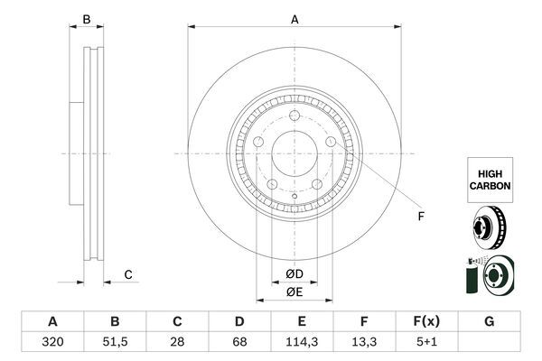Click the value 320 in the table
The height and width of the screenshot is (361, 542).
point(52,342)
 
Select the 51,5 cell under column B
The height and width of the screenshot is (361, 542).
point(115,342)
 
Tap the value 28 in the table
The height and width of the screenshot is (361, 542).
point(177,342)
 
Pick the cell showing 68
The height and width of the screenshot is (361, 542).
point(239,342)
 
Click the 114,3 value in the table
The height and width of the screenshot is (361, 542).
point(302,342)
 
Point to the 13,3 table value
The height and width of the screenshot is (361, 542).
point(364,342)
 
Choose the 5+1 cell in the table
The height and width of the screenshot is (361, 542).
point(426,342)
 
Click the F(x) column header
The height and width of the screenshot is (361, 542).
point(426,321)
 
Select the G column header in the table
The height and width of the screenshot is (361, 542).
point(489,321)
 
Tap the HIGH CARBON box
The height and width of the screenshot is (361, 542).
point(490,180)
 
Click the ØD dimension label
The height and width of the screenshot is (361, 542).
point(294,274)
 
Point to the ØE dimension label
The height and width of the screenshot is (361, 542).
point(294,292)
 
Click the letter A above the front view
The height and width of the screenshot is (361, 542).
point(294,19)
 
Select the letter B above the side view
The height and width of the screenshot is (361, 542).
point(87,19)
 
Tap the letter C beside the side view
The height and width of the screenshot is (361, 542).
point(128,274)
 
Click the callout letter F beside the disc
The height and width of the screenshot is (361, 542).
point(421,217)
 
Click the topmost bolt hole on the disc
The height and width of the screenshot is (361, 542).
point(294,116)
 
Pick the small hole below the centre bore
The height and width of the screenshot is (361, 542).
point(294,196)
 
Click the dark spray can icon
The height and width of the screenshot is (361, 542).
point(471,275)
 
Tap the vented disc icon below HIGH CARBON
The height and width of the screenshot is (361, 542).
point(489,227)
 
